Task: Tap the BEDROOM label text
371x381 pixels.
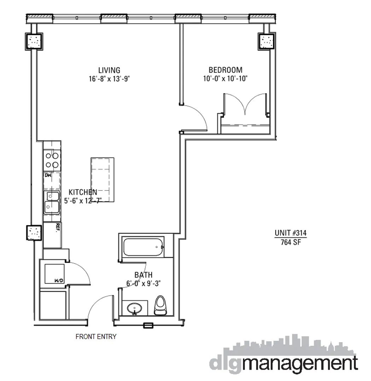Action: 225,70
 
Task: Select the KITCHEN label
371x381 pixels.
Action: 83,192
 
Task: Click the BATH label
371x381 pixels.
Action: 143,275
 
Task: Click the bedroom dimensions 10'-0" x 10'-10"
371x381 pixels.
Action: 225,78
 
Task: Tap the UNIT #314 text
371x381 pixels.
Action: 290,233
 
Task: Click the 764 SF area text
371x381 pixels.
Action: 290,242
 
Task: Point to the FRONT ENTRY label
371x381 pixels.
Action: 96,337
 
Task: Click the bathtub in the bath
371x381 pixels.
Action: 143,247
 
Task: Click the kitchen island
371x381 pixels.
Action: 103,180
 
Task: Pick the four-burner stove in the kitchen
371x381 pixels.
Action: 52,160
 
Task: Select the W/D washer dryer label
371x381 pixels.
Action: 58,281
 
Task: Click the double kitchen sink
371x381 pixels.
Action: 52,202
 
